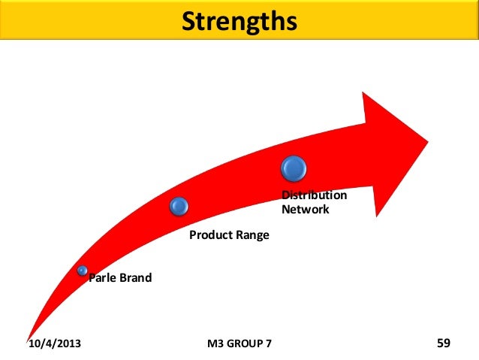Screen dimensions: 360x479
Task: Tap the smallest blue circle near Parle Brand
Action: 82,270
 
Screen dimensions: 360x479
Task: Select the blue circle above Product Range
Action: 179,204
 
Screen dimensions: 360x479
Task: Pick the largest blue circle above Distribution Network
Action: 294,168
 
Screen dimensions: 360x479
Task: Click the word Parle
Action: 102,278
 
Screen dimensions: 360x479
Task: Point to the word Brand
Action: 135,278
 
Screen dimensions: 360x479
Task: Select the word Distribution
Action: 314,195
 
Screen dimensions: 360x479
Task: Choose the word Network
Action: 305,210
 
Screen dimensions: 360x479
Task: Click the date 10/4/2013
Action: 55,344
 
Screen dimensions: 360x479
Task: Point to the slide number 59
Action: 443,343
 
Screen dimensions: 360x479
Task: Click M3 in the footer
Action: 215,344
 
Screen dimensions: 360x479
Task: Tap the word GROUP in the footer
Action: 246,344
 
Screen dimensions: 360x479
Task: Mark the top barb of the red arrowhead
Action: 364,95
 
